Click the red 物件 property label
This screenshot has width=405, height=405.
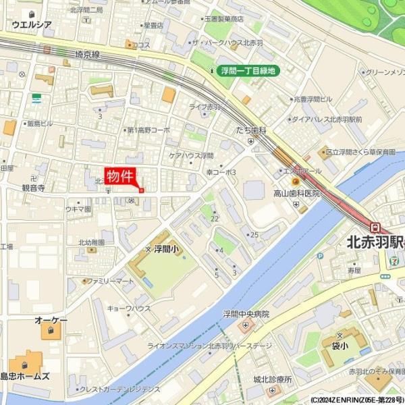[120, 176]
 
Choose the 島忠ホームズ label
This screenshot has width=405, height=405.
[25, 376]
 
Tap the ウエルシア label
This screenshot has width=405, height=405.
[32, 24]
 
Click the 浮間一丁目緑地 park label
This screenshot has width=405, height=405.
[248, 70]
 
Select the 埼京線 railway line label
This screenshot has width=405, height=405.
[88, 53]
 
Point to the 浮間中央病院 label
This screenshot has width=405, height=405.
[246, 314]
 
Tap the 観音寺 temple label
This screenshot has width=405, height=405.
[33, 188]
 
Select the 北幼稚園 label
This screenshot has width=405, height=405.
[91, 242]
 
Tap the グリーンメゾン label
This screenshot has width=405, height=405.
[387, 72]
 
